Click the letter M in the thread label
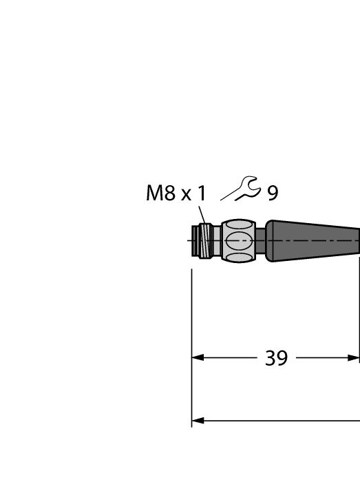pyautogui.click(x=156, y=193)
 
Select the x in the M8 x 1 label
pyautogui.click(x=186, y=196)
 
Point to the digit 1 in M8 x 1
pyautogui.click(x=201, y=193)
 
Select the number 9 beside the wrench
pyautogui.click(x=273, y=193)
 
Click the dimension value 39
pyautogui.click(x=277, y=358)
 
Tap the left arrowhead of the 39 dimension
pyautogui.click(x=198, y=358)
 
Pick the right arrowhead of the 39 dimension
pyautogui.click(x=353, y=358)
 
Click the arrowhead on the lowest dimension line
pyautogui.click(x=198, y=421)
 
